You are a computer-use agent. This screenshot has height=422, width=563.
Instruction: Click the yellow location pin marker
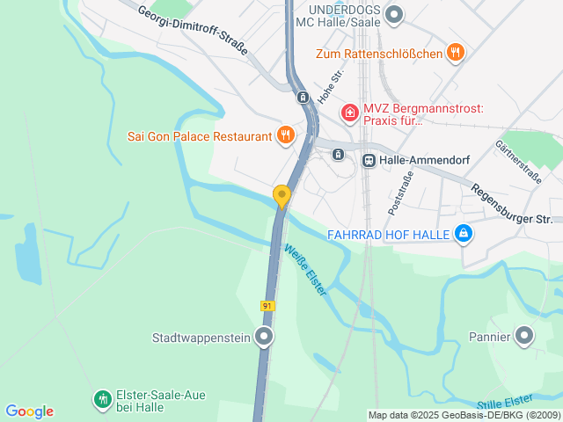(281, 195)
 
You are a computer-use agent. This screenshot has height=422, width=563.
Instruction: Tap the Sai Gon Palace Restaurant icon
(285, 135)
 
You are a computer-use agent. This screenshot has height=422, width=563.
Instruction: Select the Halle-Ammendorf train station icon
(369, 160)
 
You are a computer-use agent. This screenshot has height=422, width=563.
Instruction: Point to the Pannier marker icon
(524, 336)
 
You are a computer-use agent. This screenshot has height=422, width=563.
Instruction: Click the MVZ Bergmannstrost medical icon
(349, 113)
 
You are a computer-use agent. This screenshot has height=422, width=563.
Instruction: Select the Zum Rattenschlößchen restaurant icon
(455, 53)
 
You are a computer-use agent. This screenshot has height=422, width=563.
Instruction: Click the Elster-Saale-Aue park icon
(103, 400)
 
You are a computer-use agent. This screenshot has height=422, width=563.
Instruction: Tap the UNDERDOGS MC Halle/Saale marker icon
(394, 13)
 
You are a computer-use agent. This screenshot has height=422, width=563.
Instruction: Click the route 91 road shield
(267, 305)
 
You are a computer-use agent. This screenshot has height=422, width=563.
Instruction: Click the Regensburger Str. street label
(511, 204)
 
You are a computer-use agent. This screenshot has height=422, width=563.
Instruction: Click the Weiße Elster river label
(305, 269)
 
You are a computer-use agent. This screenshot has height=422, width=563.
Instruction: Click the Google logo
(29, 411)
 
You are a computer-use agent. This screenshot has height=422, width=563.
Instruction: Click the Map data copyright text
(464, 415)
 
